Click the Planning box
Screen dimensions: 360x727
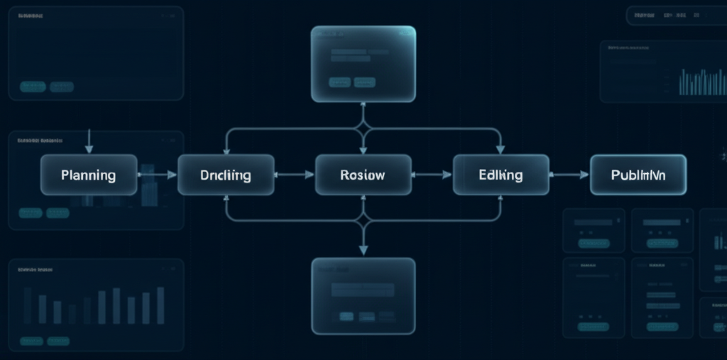click(89, 175)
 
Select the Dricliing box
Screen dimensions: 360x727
click(226, 175)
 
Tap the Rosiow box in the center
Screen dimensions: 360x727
click(363, 175)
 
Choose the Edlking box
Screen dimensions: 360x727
click(501, 175)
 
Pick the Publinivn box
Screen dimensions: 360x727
click(638, 175)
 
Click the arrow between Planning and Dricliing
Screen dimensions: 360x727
click(158, 174)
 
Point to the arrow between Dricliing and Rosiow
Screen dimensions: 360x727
click(295, 174)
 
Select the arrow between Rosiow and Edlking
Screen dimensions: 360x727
click(432, 174)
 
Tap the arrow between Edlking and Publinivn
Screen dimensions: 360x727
click(569, 174)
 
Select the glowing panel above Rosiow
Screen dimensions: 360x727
click(363, 64)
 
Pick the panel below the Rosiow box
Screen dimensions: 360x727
click(363, 295)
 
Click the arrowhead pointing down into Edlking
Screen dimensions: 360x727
click(501, 149)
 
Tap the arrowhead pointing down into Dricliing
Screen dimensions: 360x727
click(226, 149)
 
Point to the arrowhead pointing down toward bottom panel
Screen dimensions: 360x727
click(363, 250)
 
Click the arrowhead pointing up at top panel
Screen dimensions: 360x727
click(363, 107)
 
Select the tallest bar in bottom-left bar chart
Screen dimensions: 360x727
click(160, 305)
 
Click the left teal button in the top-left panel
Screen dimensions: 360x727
click(33, 87)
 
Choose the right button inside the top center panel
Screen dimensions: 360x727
click(364, 82)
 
